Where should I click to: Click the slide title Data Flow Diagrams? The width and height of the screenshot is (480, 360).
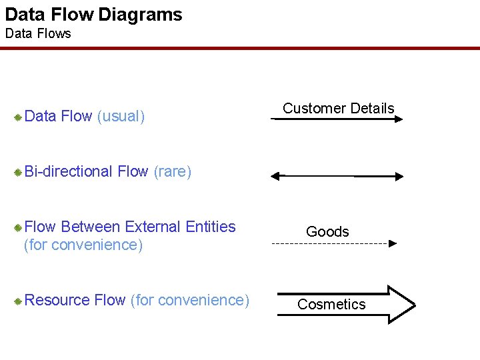tap(93, 15)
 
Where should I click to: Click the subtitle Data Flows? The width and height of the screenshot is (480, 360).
tap(38, 33)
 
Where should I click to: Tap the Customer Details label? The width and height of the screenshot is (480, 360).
tap(338, 108)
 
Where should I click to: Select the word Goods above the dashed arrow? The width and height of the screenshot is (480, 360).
tap(327, 231)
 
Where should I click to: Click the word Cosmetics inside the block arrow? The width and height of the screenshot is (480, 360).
tap(331, 304)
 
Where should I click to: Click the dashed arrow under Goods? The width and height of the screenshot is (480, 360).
tap(333, 243)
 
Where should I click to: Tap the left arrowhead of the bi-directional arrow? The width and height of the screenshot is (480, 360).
tap(275, 177)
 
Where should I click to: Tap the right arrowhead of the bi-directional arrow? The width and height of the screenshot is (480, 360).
tap(398, 177)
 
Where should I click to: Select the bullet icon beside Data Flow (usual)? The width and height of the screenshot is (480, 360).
tap(19, 117)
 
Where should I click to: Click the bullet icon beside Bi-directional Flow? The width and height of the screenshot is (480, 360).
tap(19, 173)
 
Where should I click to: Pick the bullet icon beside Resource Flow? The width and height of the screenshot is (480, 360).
tap(19, 301)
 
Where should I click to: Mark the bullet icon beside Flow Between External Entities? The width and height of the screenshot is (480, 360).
tap(19, 228)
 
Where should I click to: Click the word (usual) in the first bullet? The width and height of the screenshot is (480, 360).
tap(121, 117)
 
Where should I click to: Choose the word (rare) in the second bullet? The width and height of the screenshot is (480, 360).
tap(172, 172)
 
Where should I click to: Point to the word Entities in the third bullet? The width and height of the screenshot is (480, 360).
tap(211, 227)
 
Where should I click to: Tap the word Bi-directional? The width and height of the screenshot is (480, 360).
tap(68, 172)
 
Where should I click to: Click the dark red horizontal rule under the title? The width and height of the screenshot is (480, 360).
tap(240, 48)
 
